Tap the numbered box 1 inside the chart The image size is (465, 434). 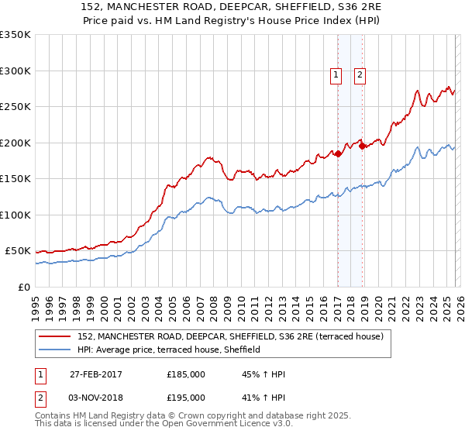(x=336, y=75)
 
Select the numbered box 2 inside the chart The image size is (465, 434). (x=360, y=75)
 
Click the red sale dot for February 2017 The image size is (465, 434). (x=338, y=154)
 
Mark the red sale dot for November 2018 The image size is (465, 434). (x=362, y=146)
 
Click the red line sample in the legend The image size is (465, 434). (x=56, y=336)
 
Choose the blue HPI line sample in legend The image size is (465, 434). (x=56, y=350)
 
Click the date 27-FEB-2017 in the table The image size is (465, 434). (x=96, y=375)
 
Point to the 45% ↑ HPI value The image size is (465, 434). (x=264, y=375)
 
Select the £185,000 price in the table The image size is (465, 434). (x=186, y=375)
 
